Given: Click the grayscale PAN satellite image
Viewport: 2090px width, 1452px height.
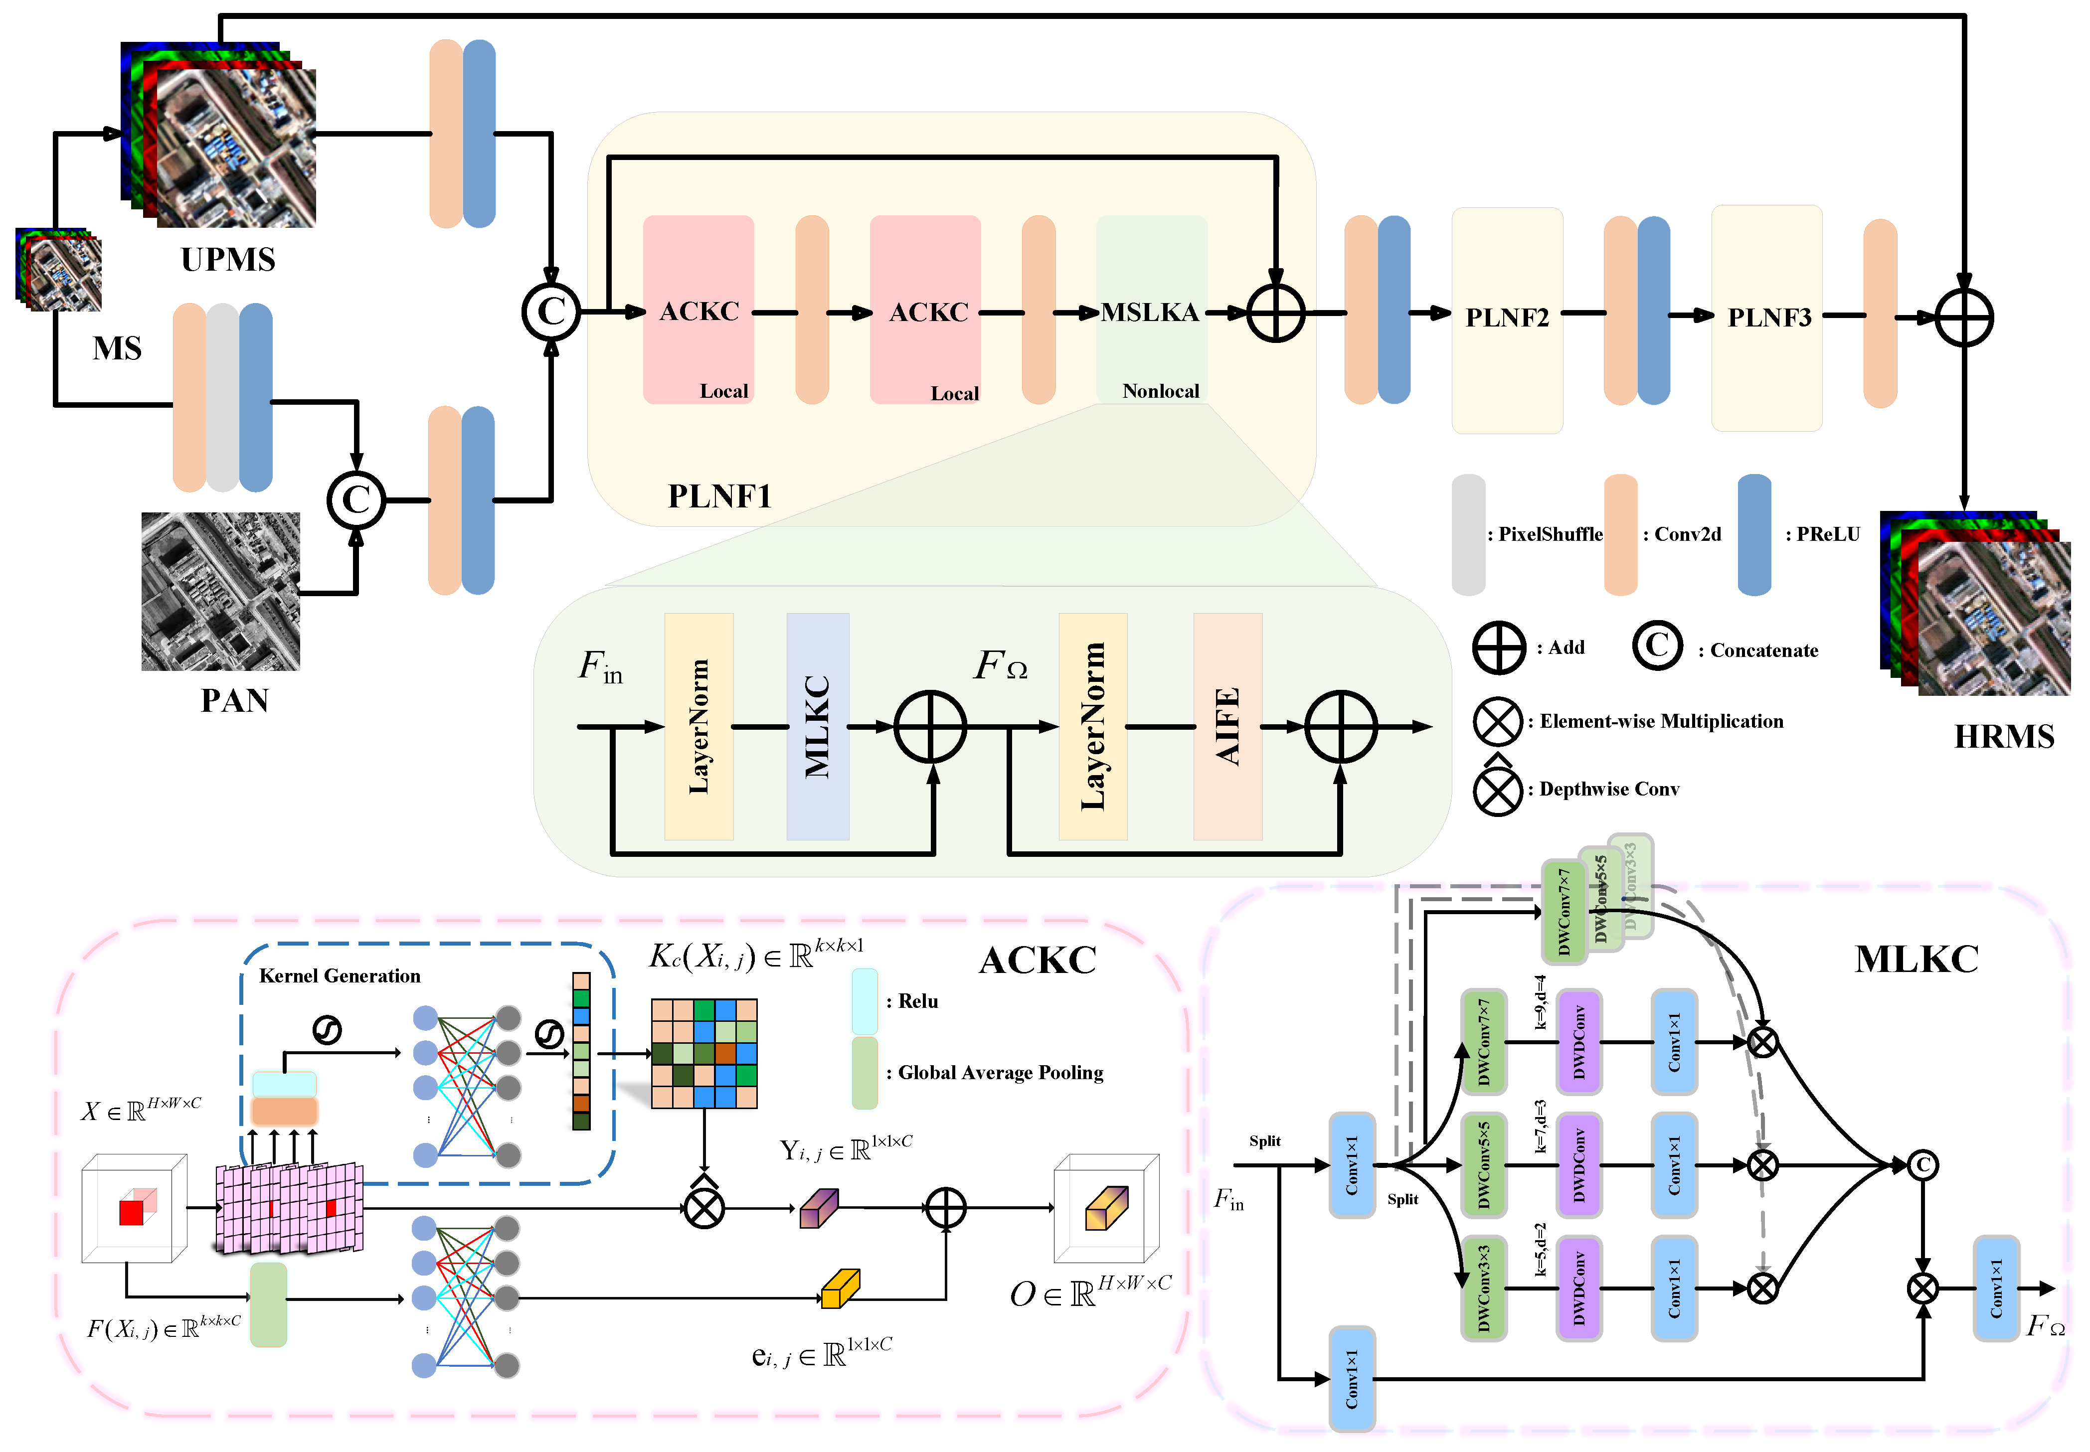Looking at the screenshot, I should pyautogui.click(x=220, y=591).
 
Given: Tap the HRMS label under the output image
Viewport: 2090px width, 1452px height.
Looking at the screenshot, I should pyautogui.click(x=2004, y=736).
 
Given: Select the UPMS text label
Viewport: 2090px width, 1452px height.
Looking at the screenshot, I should pyautogui.click(x=227, y=259).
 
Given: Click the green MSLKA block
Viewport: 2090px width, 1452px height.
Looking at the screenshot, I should pyautogui.click(x=1151, y=310).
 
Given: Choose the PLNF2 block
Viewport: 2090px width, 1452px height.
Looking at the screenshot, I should pyautogui.click(x=1507, y=319).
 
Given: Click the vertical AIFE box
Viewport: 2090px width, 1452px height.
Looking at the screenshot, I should pyautogui.click(x=1227, y=726).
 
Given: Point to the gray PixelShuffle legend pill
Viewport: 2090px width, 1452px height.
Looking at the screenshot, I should pyautogui.click(x=1468, y=535).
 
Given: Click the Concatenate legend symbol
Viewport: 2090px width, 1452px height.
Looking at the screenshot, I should pyautogui.click(x=1657, y=646).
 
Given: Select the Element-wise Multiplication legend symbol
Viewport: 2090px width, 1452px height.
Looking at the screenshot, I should pyautogui.click(x=1497, y=721).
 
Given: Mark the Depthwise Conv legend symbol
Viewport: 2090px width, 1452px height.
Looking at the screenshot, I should pyautogui.click(x=1497, y=790).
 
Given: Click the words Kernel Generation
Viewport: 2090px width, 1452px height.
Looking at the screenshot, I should pyautogui.click(x=340, y=976).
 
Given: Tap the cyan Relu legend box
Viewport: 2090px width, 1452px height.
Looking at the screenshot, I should pyautogui.click(x=865, y=1001).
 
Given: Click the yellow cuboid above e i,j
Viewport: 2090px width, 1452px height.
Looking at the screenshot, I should pyautogui.click(x=840, y=1289).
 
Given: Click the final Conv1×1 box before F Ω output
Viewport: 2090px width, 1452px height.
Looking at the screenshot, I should pyautogui.click(x=1995, y=1288).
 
